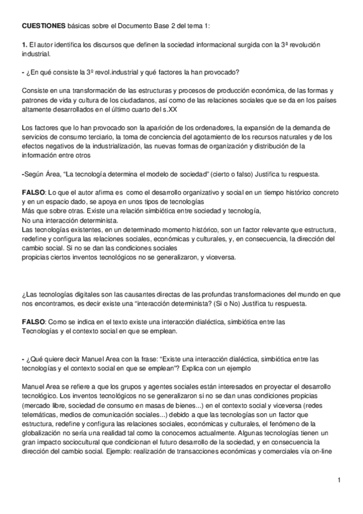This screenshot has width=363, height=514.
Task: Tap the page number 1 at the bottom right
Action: [341, 481]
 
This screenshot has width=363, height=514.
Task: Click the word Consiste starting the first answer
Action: [35, 89]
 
